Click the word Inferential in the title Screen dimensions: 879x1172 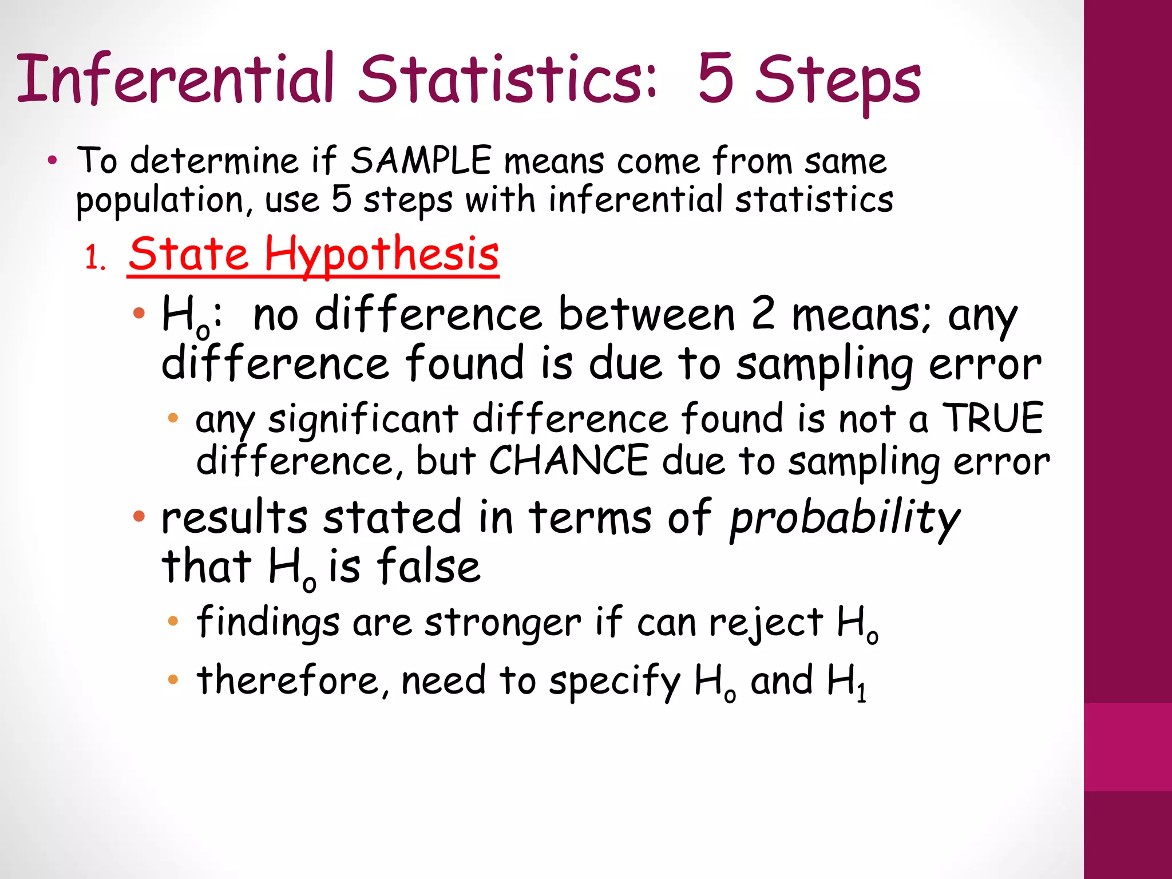click(175, 78)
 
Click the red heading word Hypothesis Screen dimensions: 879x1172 click(382, 255)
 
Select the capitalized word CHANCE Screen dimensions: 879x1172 click(569, 461)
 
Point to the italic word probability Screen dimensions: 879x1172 click(845, 518)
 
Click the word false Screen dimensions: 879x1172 click(429, 567)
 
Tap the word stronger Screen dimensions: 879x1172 click(502, 623)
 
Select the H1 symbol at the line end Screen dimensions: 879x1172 click(848, 682)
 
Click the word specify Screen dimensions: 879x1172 click(615, 682)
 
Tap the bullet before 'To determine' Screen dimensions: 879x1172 click(53, 161)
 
